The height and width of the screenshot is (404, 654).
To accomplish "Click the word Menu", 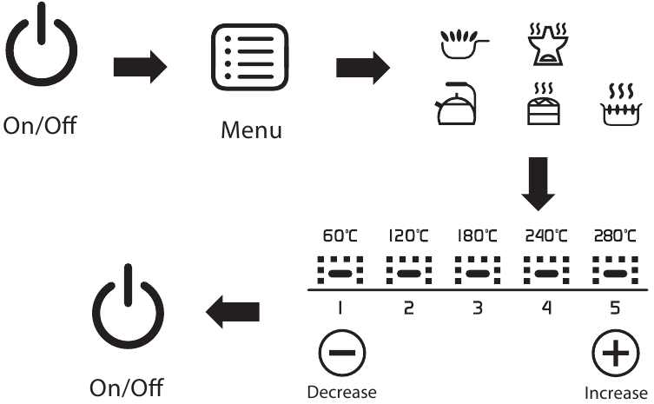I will coord(250,132).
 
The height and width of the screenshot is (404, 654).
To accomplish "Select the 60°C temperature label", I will coord(340,235).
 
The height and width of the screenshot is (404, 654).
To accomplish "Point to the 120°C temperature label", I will coord(408,235).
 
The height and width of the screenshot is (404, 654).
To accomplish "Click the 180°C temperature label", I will coord(477,235).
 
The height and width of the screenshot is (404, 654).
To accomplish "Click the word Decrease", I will coord(341,393).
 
